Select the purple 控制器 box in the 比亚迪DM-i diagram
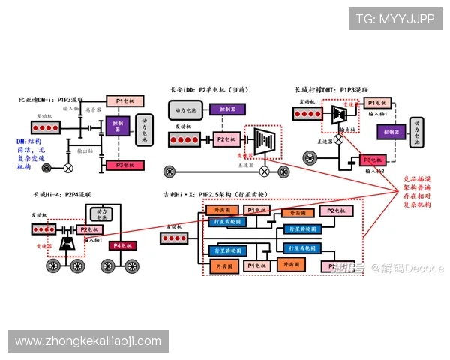coord(118,124)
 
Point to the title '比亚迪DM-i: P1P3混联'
coord(51,98)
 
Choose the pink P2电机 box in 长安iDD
coord(226,139)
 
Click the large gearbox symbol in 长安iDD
coord(263,141)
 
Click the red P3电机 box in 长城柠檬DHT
coord(373,160)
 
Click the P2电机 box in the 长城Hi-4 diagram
coord(88,229)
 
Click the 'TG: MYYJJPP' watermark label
coord(394,18)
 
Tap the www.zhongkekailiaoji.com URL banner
coord(88,341)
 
